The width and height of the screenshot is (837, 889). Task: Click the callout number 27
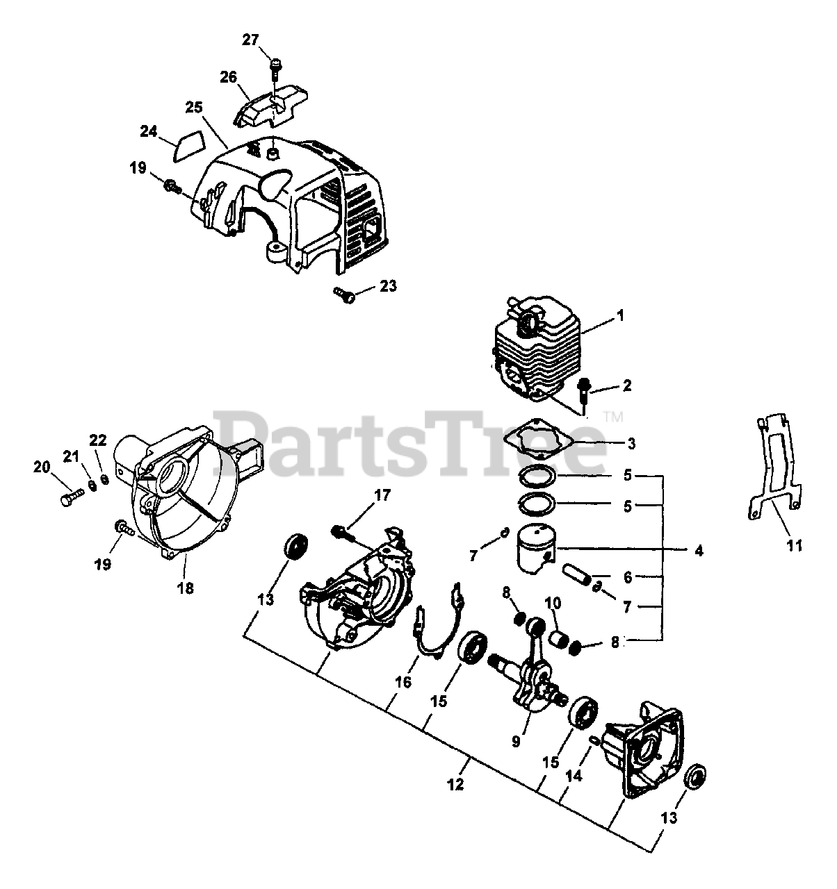250,40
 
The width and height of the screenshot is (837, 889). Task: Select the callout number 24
149,130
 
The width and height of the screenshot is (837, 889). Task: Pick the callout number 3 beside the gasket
630,442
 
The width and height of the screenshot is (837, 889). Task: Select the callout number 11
795,545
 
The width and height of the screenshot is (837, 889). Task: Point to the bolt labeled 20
70,496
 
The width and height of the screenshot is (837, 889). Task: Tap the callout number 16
403,682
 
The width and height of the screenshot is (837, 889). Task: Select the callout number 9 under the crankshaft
516,742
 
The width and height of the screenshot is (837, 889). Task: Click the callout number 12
455,785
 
